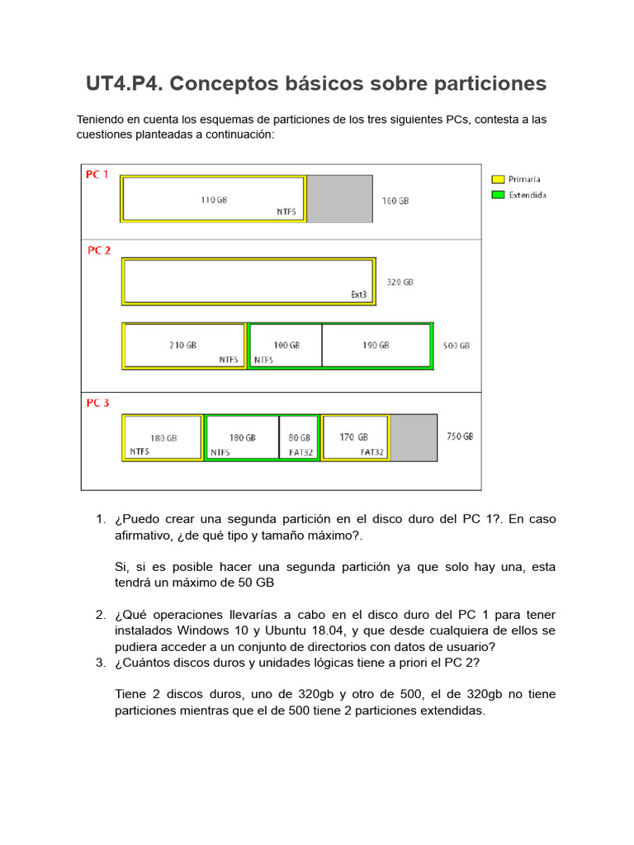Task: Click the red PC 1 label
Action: tap(97, 175)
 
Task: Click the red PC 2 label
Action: tap(99, 251)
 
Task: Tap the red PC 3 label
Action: tap(98, 404)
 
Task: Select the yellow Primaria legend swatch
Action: tap(498, 179)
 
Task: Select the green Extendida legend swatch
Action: tap(498, 195)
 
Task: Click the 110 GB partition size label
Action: tap(214, 200)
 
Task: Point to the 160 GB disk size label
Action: tap(395, 201)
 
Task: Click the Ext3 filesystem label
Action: tap(358, 295)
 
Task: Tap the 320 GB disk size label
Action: tap(400, 282)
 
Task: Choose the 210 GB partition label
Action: tap(183, 345)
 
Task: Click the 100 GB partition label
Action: tap(286, 345)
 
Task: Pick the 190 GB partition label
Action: tap(376, 345)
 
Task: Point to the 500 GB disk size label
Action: tap(457, 346)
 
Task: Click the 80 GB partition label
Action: tap(300, 438)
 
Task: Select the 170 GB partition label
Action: tap(354, 437)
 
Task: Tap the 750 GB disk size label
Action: tap(460, 437)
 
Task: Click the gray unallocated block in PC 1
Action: tap(339, 199)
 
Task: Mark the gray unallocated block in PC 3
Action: tap(414, 437)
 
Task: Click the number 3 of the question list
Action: tap(100, 663)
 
